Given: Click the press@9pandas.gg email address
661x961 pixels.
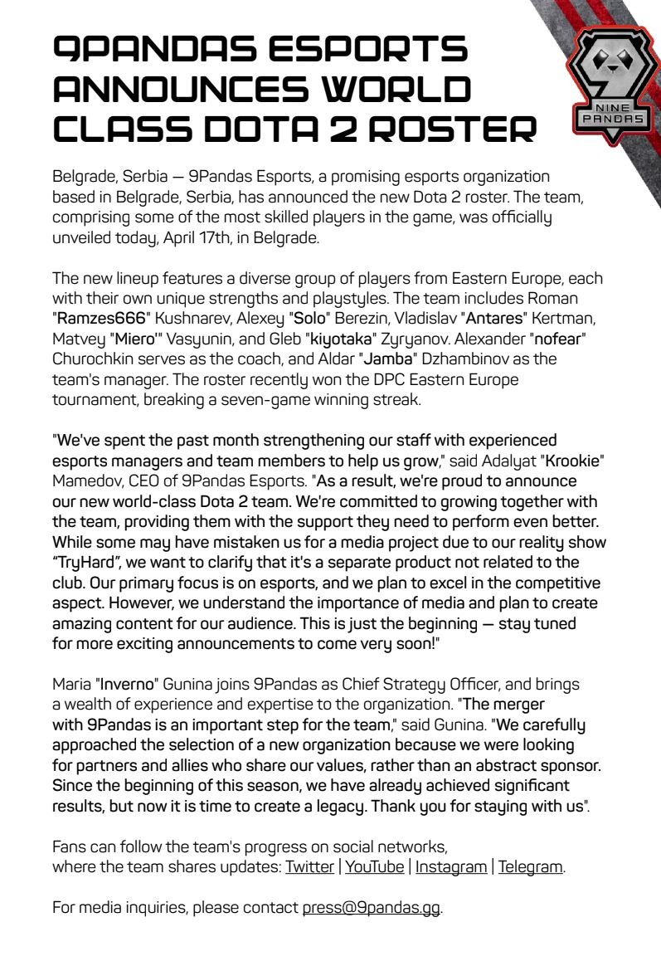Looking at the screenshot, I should pos(372,907).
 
